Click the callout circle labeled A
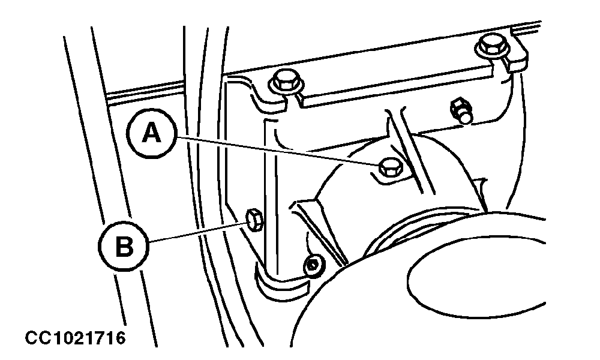coord(151,134)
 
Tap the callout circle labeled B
coord(124,245)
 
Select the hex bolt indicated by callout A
coord(389,167)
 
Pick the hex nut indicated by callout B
coord(254,220)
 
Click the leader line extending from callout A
coord(278,151)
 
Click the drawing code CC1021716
coord(76,337)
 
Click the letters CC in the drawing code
coord(37,337)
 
